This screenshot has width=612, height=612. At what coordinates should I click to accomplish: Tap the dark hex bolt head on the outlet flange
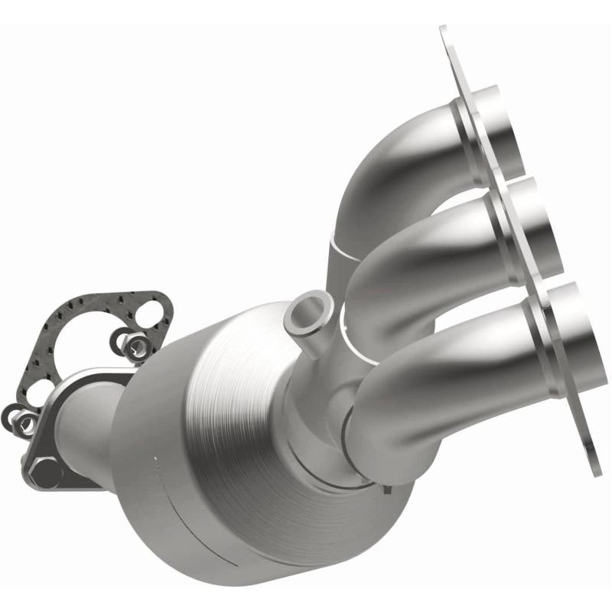click(x=47, y=471)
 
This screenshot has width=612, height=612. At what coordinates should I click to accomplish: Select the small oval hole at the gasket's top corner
click(x=152, y=309)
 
